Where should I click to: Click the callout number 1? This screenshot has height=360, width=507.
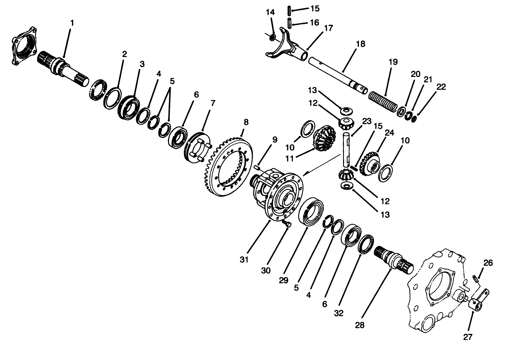[x=72, y=23]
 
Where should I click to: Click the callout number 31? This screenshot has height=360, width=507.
[x=244, y=259]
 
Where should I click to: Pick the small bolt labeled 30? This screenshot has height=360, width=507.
[x=287, y=223]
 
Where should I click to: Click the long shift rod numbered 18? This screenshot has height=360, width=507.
[x=337, y=74]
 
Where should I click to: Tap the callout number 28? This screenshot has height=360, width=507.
[x=360, y=325]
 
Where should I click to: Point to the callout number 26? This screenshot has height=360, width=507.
[x=488, y=263]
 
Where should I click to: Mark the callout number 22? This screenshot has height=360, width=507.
[x=441, y=87]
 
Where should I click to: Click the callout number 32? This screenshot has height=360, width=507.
[x=339, y=313]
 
